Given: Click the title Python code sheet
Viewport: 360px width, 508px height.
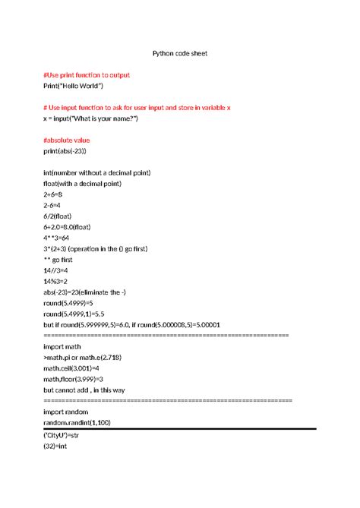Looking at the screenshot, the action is (x=179, y=54).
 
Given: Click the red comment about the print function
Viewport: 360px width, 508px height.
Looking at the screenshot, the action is (x=87, y=75).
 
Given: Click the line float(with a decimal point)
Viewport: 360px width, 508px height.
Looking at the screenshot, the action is (x=88, y=183).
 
